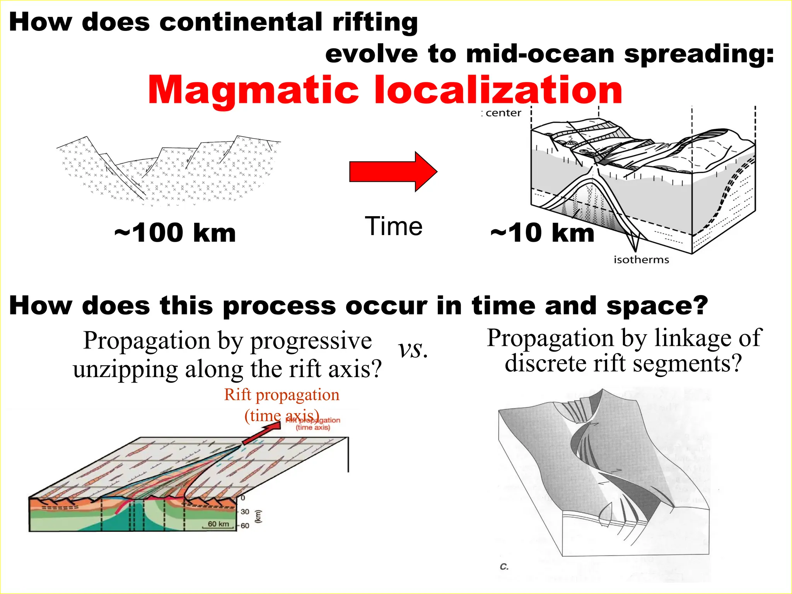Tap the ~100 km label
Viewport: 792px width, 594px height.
pos(175,233)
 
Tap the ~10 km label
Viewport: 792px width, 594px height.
pos(542,233)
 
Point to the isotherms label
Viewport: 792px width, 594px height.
pos(641,259)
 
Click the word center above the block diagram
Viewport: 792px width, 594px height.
pos(503,113)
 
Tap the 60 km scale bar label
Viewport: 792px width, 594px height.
pos(218,524)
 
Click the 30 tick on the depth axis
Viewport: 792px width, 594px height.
pos(245,512)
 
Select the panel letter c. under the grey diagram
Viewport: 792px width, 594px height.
pos(504,567)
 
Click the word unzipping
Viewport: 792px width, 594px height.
pos(125,369)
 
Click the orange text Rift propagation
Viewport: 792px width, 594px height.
pos(282,395)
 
